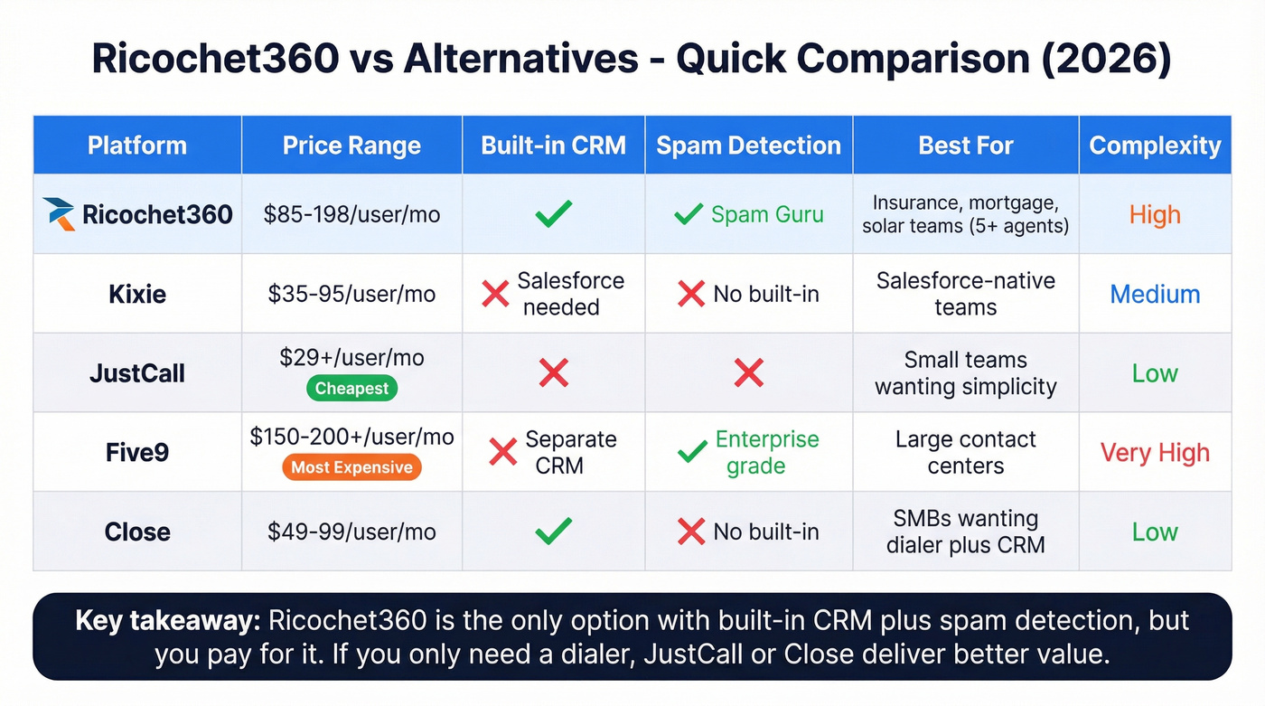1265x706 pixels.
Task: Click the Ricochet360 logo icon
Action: pos(60,214)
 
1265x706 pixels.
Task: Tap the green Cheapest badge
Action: pos(351,389)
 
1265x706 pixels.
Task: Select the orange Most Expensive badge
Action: pos(351,467)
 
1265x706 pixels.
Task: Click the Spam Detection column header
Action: pos(748,146)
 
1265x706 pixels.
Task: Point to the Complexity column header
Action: pos(1155,146)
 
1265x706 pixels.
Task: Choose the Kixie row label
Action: pos(137,294)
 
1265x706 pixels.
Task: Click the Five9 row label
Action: pos(137,452)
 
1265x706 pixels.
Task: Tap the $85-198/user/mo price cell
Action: pos(351,214)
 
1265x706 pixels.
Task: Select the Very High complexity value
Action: pos(1155,452)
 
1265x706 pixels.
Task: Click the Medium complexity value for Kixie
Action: pos(1155,294)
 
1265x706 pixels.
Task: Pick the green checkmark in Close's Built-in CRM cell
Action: pos(553,532)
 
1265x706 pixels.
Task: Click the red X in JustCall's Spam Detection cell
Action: pos(748,372)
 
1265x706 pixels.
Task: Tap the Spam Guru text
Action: pos(767,214)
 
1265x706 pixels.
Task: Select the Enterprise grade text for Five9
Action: pos(766,452)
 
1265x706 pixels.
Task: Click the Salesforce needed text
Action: pos(570,294)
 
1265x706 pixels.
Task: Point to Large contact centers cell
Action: pos(965,452)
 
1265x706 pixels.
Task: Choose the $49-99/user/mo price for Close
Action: pos(351,532)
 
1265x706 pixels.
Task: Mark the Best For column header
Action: pos(965,146)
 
